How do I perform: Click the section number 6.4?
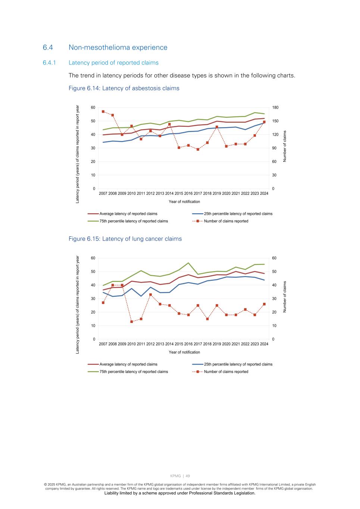coord(48,47)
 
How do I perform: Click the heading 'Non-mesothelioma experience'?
coord(118,47)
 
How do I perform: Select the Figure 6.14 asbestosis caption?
coord(124,88)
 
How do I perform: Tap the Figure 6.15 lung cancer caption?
coord(125,239)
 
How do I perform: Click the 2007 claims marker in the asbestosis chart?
coord(103,111)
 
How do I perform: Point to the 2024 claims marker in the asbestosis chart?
coord(264,122)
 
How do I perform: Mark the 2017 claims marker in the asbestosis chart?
coord(198,149)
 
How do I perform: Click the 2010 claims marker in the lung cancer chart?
coord(131,321)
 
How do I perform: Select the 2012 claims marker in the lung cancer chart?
coord(150,295)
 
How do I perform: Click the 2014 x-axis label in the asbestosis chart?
coord(169,194)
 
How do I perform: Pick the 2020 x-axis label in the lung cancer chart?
coord(226,344)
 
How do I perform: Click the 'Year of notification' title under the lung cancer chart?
coord(184,352)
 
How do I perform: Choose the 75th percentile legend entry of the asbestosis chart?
coord(134,221)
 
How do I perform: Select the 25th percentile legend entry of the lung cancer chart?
coord(238,364)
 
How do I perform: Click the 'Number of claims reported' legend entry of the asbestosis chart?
coord(226,221)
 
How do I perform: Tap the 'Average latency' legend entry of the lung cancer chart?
coord(128,364)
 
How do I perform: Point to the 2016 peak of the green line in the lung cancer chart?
coord(188,263)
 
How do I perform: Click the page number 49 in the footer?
coord(188,476)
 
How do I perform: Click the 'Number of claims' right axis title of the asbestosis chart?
coord(285,146)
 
